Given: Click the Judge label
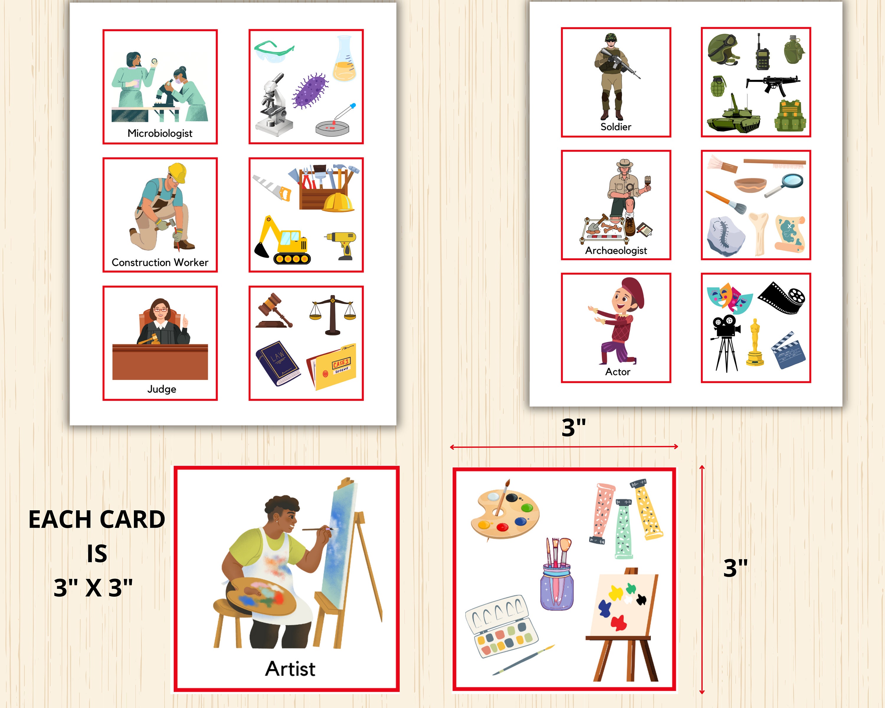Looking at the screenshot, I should pos(162,389).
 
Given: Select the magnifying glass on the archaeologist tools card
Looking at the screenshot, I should pos(785,185).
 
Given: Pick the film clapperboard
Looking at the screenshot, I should pos(788,351).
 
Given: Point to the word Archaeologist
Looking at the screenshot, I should pos(616,251).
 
